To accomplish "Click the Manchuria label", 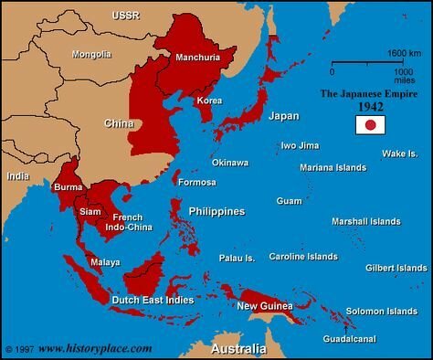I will pos(197,58).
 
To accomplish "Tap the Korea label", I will pos(209,100).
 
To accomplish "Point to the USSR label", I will pos(125,16).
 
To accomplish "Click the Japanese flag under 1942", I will pos(371,124).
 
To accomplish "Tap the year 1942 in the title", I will pos(371,107).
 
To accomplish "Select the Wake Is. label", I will pos(399,153).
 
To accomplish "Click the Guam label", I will pos(289,200).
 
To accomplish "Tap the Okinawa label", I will pos(229,163).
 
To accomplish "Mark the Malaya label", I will pos(104,262).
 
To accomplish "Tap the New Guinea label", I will pos(265,306).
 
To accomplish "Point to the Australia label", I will pos(238,350).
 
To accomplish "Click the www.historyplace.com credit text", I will pos(95,348).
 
